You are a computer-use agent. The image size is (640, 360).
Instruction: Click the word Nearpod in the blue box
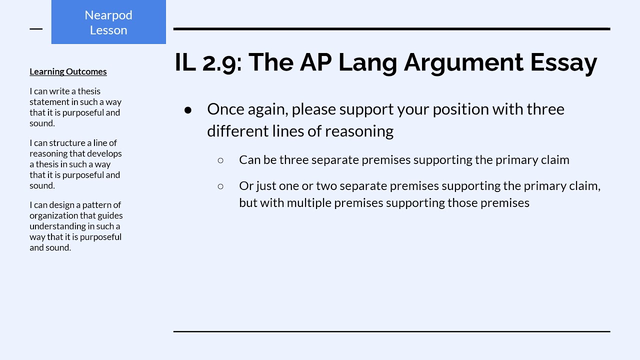pos(108,15)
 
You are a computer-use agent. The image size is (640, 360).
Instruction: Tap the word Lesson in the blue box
pos(108,30)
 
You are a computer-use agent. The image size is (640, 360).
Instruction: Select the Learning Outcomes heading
pos(68,71)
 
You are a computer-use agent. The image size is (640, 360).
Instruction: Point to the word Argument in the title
pos(463,62)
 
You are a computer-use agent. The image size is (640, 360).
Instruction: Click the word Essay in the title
pos(563,62)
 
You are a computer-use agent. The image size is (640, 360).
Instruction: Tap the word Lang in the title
pos(367,62)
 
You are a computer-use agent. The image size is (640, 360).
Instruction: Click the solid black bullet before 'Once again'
pos(187,110)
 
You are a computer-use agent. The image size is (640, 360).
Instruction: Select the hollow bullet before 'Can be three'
pos(220,160)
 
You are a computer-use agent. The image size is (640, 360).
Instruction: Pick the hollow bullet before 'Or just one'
pos(220,186)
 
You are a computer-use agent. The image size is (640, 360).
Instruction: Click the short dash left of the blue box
pos(36,29)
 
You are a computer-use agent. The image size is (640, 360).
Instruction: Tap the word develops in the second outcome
pos(104,153)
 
